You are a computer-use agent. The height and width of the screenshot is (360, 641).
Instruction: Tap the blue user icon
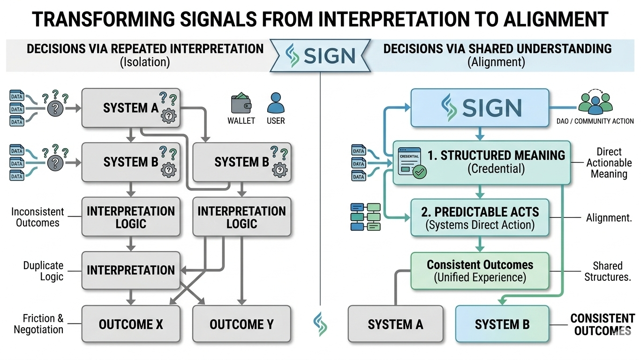click(276, 103)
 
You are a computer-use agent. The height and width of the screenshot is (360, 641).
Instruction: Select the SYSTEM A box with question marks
click(131, 108)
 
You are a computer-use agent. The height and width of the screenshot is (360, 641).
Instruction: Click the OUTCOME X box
click(131, 324)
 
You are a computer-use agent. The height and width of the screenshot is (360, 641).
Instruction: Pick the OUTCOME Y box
click(242, 324)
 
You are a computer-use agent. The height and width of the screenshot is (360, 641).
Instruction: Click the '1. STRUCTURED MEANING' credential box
click(482, 162)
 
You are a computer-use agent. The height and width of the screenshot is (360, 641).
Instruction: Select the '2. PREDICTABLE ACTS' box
click(480, 217)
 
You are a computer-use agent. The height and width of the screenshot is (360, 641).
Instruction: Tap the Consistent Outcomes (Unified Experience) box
click(480, 271)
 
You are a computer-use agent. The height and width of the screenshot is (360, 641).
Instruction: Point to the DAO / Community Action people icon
click(596, 104)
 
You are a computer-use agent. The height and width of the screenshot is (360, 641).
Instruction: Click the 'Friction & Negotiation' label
click(38, 324)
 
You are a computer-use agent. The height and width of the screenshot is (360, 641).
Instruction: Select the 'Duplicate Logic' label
click(43, 271)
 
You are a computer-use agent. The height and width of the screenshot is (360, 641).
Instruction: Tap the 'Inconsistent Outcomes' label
click(38, 217)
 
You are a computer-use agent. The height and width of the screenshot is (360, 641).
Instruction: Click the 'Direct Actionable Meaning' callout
click(609, 163)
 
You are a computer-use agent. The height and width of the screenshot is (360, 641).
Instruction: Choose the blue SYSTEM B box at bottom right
click(502, 324)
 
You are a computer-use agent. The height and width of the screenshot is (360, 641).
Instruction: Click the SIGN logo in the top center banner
click(320, 55)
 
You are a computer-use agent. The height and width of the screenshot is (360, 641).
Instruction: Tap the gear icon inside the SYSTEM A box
click(168, 116)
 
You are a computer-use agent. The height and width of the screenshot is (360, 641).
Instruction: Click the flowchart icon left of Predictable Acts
click(365, 217)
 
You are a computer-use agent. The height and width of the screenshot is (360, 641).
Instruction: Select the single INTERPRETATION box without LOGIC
click(131, 270)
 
